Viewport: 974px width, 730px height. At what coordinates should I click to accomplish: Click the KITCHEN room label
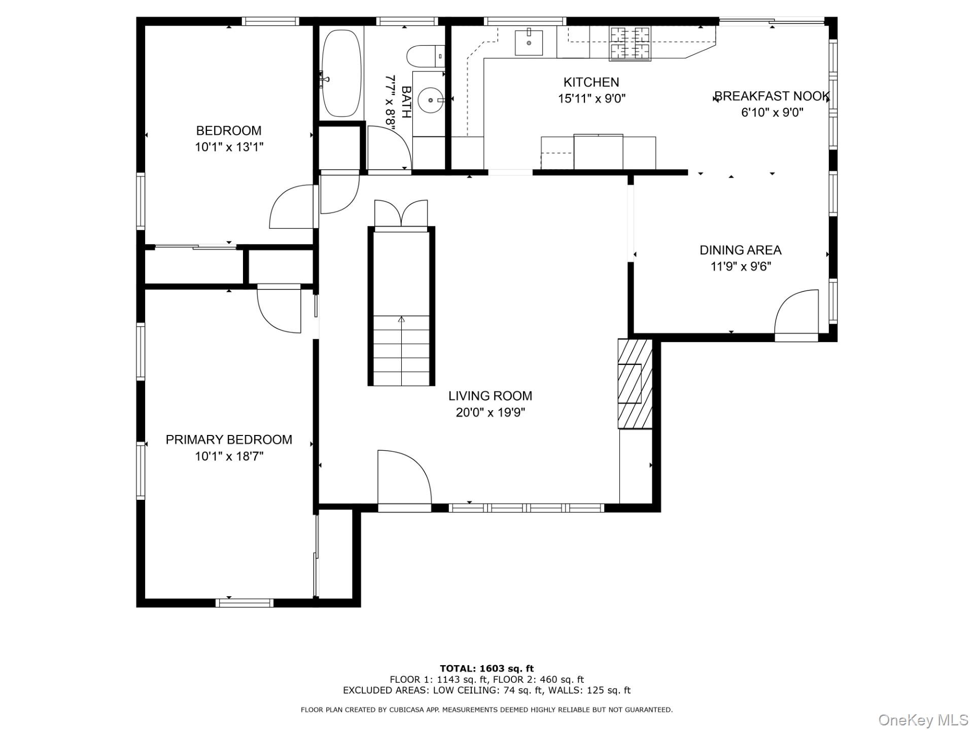tap(591, 82)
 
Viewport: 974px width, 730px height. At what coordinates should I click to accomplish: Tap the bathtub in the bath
tap(342, 74)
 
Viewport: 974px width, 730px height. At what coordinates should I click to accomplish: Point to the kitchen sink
tap(529, 43)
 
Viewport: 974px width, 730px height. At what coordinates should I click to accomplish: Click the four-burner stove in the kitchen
tap(630, 44)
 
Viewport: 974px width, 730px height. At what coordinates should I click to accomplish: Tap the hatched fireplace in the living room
tap(635, 384)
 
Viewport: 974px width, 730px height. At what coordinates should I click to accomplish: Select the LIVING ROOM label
tap(490, 396)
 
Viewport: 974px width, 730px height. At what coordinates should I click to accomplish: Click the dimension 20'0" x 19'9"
tap(490, 413)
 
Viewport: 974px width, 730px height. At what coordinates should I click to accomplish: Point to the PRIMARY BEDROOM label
tap(229, 440)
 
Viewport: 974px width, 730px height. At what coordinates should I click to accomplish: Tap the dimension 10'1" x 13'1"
tap(229, 148)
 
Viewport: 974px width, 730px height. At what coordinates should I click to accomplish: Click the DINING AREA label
tap(740, 250)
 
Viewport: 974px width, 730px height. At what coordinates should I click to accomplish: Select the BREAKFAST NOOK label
tap(772, 96)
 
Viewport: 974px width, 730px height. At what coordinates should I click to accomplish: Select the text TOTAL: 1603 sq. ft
tap(486, 669)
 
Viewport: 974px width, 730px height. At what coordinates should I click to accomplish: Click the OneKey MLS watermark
tap(923, 720)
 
